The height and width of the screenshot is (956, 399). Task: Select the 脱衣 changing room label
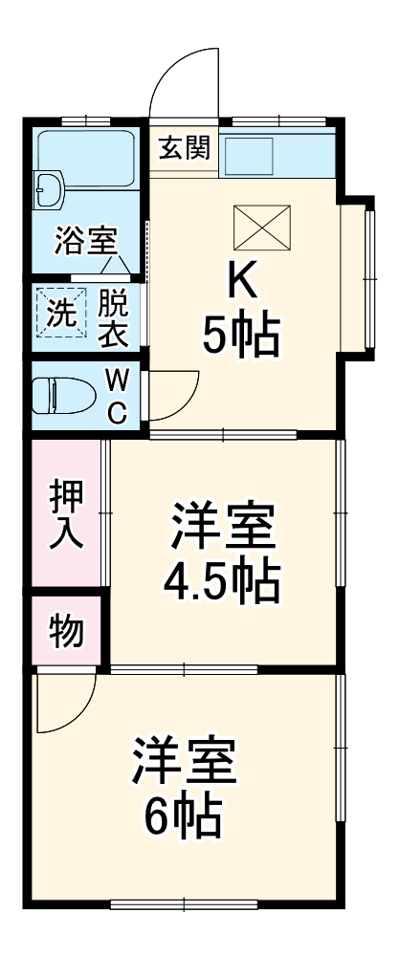(x=114, y=318)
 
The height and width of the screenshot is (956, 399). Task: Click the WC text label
(x=116, y=397)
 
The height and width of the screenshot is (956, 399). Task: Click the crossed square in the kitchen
(x=262, y=227)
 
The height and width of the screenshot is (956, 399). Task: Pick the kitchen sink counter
(x=277, y=155)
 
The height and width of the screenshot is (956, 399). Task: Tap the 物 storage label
(x=66, y=631)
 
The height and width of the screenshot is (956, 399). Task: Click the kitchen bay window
(x=365, y=278)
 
